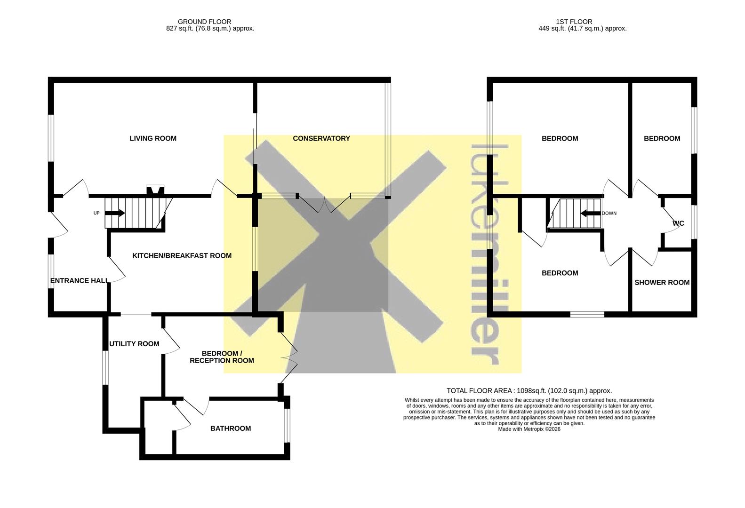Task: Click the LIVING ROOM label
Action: coord(153,138)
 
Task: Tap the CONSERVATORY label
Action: coord(321,138)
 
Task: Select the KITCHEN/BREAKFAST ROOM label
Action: coord(182,256)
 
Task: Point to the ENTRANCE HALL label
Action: coord(79,281)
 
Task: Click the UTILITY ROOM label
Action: coord(135,344)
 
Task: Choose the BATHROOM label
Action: coord(231,429)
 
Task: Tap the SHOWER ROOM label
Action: coord(662,283)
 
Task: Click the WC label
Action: coord(679,223)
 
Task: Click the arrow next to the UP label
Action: coord(115,213)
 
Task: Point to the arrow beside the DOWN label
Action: coord(591,214)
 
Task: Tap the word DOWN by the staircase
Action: coord(609,214)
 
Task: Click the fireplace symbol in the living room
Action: coord(155,190)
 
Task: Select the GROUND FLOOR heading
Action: coord(205,22)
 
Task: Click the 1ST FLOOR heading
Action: coord(574,22)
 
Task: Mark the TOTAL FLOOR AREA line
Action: coord(529,391)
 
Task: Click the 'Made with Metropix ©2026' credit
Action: coord(529,429)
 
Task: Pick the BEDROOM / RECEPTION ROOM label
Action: coord(222,357)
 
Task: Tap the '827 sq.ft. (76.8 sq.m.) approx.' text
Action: coord(210,29)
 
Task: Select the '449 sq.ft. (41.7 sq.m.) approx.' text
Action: coord(582,29)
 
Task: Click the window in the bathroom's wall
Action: coord(287,426)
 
